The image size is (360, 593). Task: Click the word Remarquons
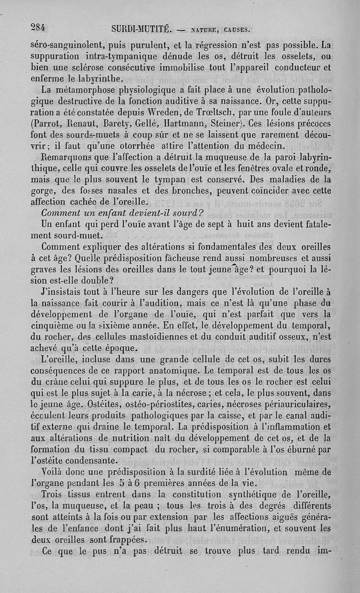point(67,157)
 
